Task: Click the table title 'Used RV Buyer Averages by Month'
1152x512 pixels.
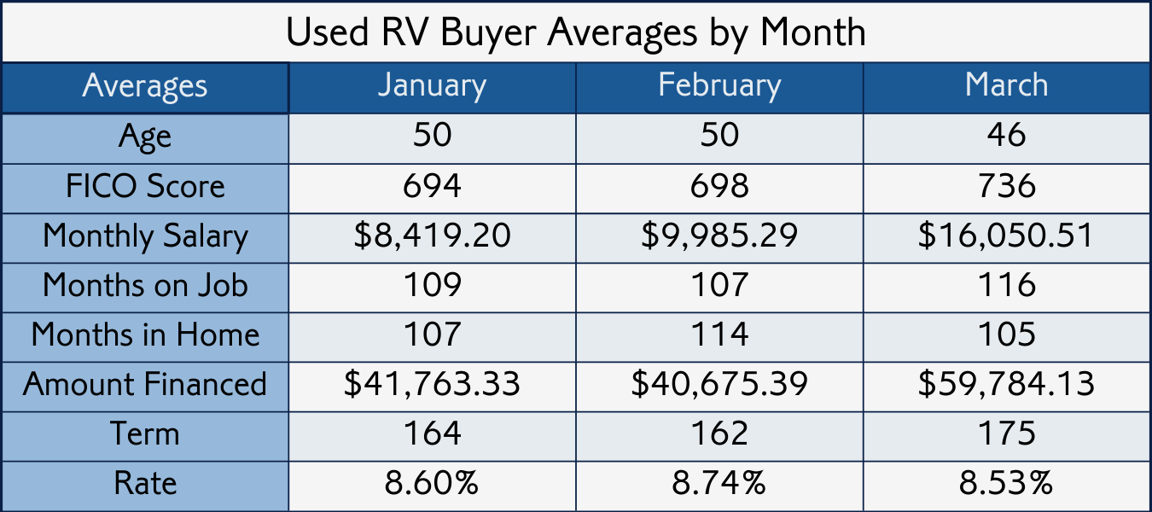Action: (x=575, y=32)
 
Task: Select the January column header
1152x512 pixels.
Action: (x=432, y=86)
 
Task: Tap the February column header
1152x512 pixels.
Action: (x=719, y=86)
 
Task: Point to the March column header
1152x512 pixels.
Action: (x=1006, y=86)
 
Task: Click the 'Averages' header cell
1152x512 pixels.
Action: (x=144, y=86)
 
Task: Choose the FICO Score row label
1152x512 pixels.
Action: (x=145, y=187)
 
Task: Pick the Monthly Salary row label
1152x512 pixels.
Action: (x=145, y=236)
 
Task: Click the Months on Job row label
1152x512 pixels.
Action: (x=145, y=285)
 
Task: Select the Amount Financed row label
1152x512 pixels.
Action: (x=145, y=384)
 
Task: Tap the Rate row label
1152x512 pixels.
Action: (x=145, y=484)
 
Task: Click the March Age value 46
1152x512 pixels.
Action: (x=1006, y=137)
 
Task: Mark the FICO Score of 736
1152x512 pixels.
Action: (x=1006, y=187)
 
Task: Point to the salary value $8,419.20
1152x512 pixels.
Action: (x=432, y=236)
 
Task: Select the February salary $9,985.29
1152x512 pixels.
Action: (x=719, y=236)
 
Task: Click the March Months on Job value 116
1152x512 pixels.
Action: (x=1006, y=285)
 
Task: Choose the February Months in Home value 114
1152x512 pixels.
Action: (x=719, y=335)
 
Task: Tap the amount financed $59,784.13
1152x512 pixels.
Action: (x=1006, y=384)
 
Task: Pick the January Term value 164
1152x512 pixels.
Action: (x=432, y=433)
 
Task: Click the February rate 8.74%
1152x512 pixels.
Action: (x=719, y=484)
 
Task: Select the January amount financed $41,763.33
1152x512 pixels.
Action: (x=432, y=384)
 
